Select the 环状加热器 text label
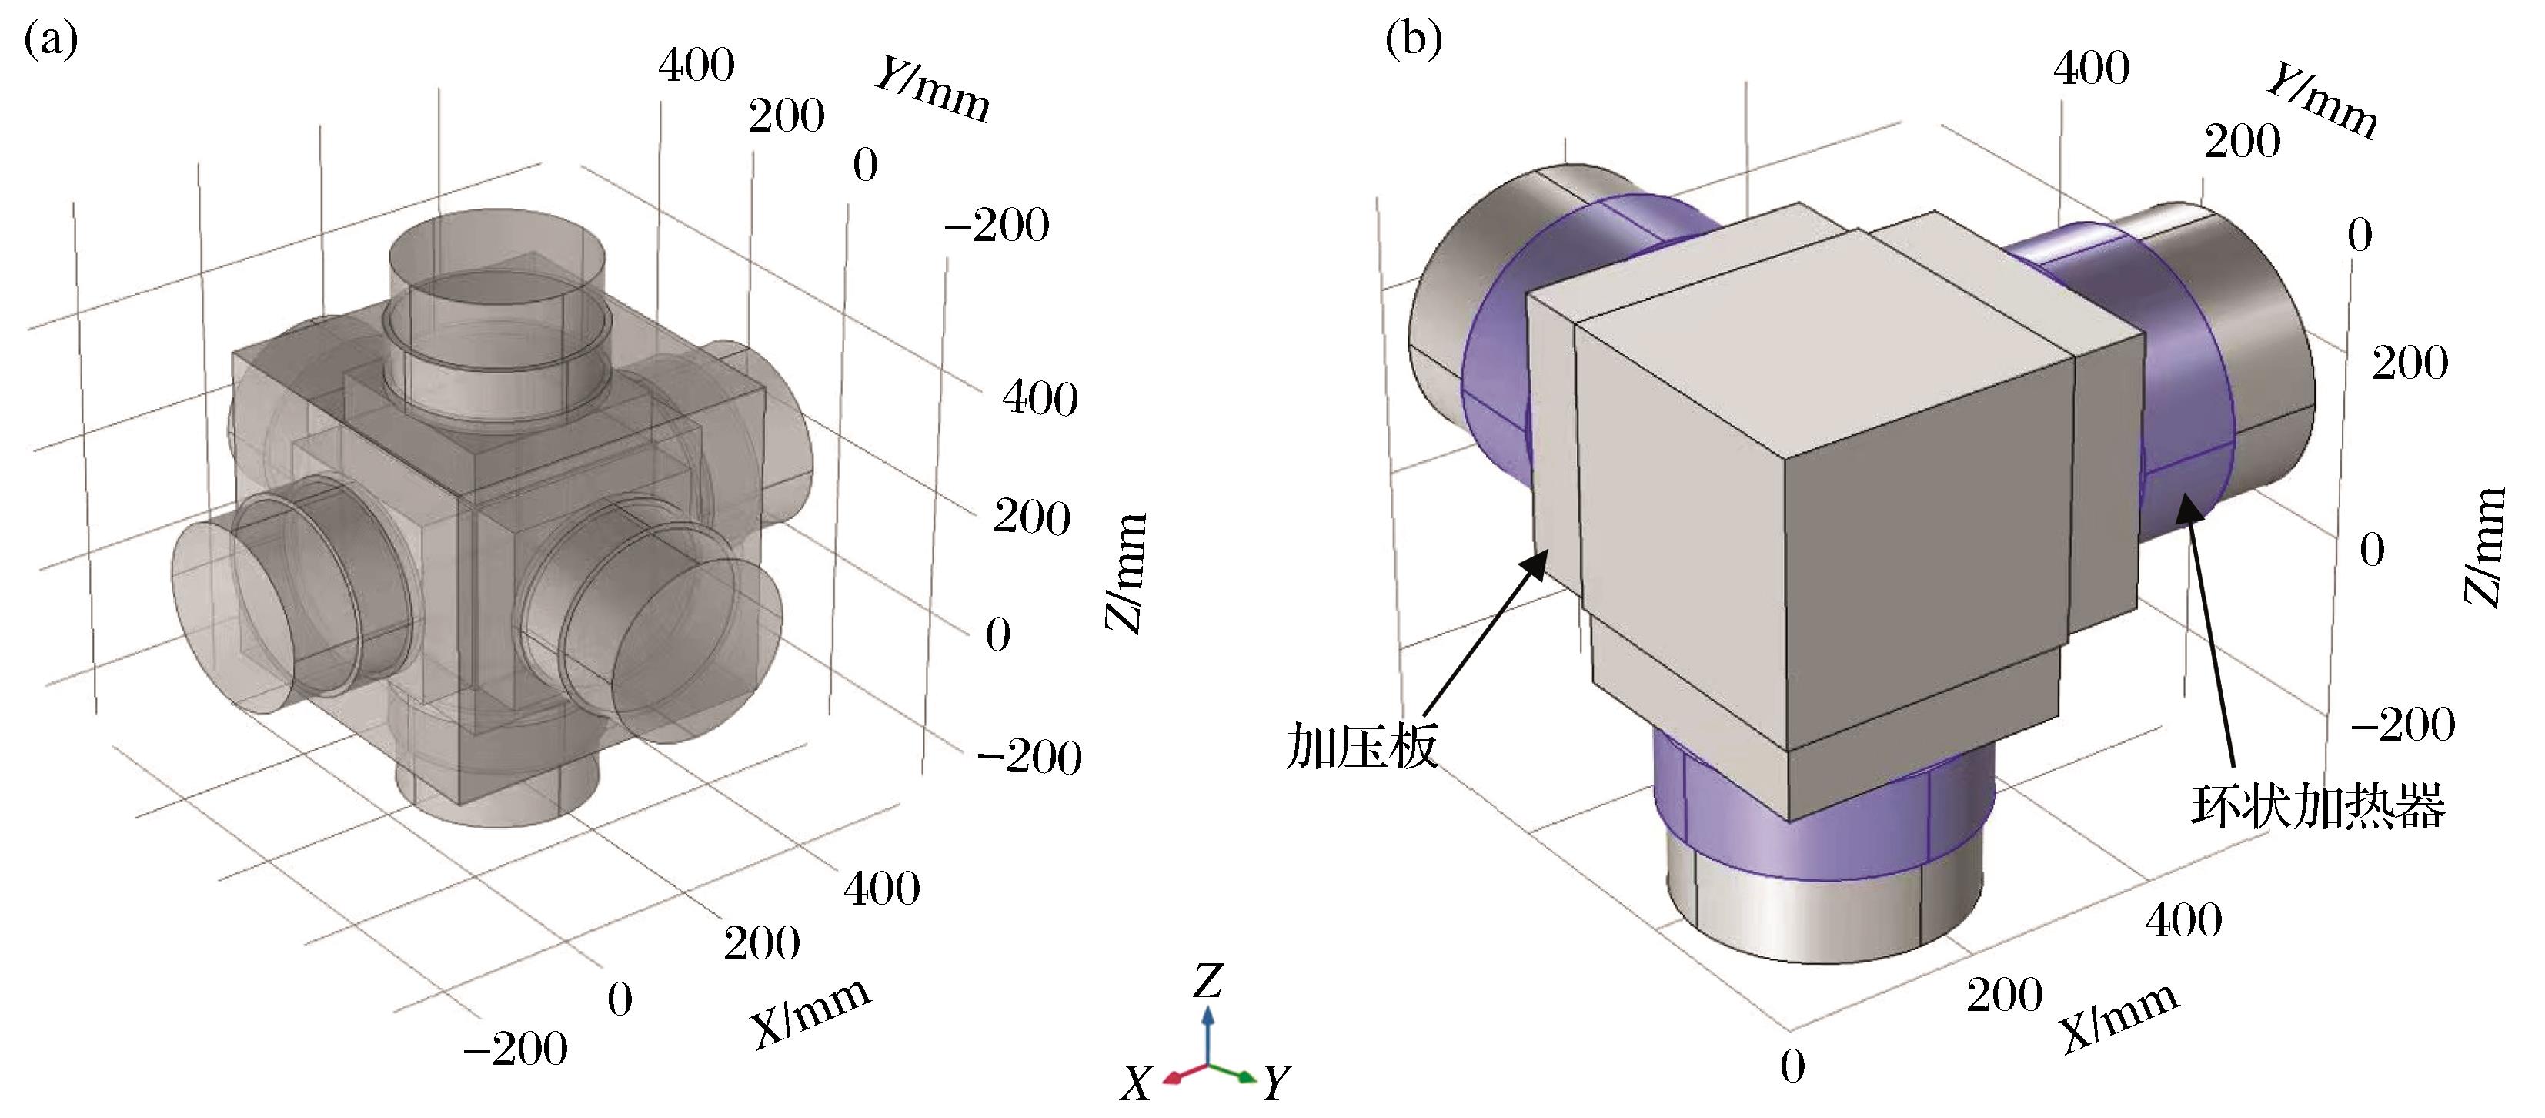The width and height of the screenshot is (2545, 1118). [x=2316, y=805]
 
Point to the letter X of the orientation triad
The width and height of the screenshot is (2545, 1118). [x=1136, y=1084]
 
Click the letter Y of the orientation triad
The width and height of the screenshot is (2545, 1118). [x=1277, y=1083]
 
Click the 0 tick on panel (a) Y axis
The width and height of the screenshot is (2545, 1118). [x=866, y=165]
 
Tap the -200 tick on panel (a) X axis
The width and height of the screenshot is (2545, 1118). [x=515, y=1049]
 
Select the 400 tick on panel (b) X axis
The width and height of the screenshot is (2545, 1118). [x=2183, y=920]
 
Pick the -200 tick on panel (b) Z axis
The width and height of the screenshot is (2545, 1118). [x=2402, y=725]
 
